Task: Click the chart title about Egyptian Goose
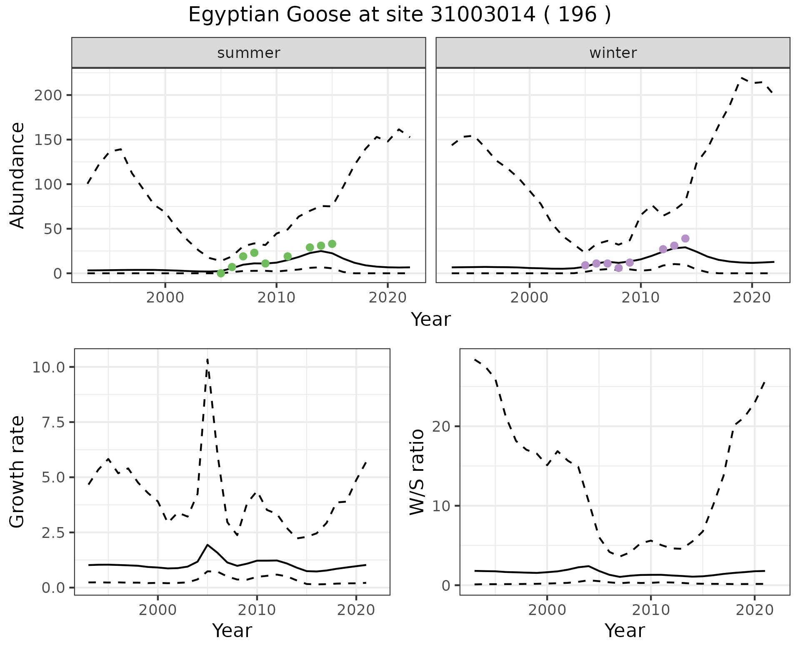point(400,15)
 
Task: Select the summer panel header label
point(249,53)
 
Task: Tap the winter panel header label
point(613,53)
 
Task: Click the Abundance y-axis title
point(17,175)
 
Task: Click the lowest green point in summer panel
point(221,273)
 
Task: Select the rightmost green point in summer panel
point(332,244)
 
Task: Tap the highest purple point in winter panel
point(685,239)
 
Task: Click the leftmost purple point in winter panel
point(585,265)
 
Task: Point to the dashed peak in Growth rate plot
point(207,359)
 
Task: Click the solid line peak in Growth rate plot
point(207,545)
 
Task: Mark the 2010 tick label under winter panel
point(641,298)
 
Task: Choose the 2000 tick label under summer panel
point(165,298)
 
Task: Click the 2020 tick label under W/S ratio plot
point(755,610)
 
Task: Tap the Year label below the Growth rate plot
point(232,630)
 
